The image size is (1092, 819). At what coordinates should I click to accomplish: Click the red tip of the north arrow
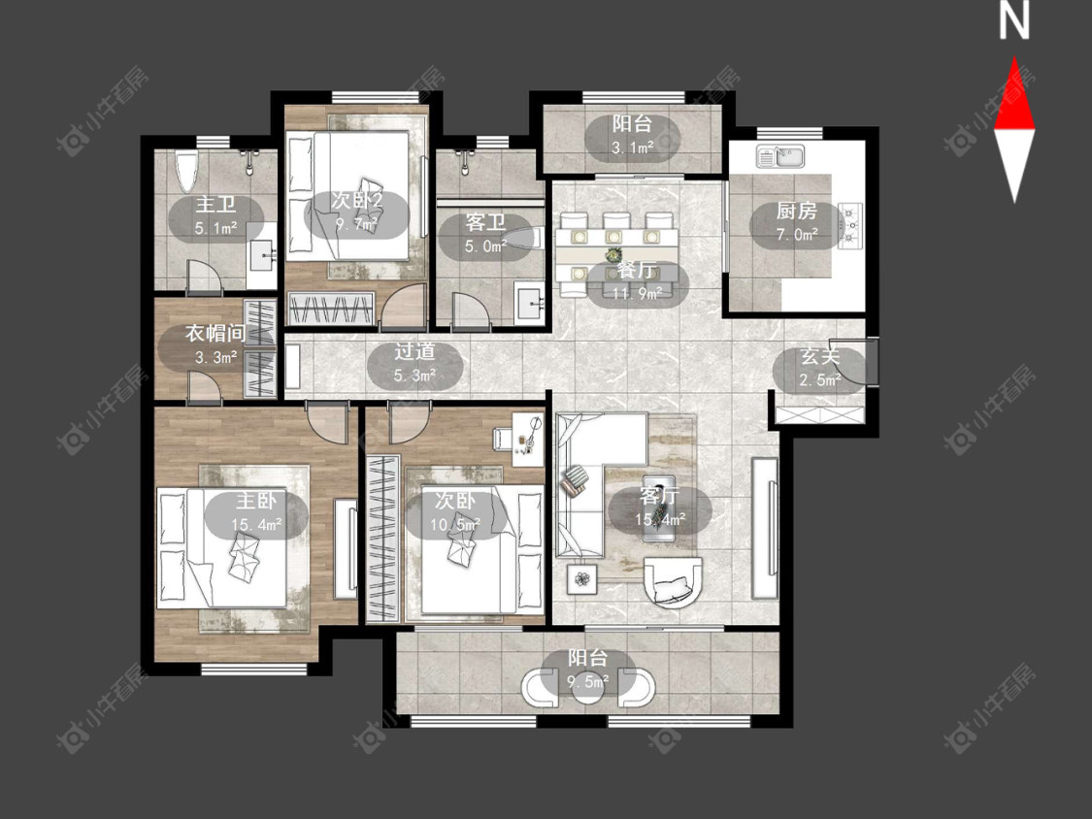pyautogui.click(x=1014, y=58)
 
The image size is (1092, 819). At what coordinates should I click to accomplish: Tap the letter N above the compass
pyautogui.click(x=1014, y=21)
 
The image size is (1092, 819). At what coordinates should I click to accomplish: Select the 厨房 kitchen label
pyautogui.click(x=796, y=211)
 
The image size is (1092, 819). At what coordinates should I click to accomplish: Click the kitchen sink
pyautogui.click(x=780, y=156)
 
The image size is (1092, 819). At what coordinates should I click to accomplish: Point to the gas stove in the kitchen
pyautogui.click(x=851, y=225)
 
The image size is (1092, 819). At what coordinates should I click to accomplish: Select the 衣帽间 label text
pyautogui.click(x=215, y=334)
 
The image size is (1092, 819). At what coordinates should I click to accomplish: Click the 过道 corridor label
pyautogui.click(x=415, y=351)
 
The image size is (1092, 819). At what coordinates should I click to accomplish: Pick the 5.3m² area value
pyautogui.click(x=415, y=377)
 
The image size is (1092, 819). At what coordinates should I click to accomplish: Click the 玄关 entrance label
pyautogui.click(x=819, y=356)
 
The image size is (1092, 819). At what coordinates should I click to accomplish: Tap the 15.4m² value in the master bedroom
pyautogui.click(x=256, y=524)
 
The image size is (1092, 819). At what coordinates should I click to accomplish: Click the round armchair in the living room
pyautogui.click(x=673, y=582)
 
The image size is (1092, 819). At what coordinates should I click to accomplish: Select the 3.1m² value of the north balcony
pyautogui.click(x=632, y=147)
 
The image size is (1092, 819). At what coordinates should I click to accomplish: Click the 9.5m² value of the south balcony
pyautogui.click(x=588, y=682)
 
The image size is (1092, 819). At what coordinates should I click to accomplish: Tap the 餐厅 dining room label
pyautogui.click(x=637, y=271)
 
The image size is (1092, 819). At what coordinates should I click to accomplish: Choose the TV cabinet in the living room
pyautogui.click(x=765, y=528)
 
